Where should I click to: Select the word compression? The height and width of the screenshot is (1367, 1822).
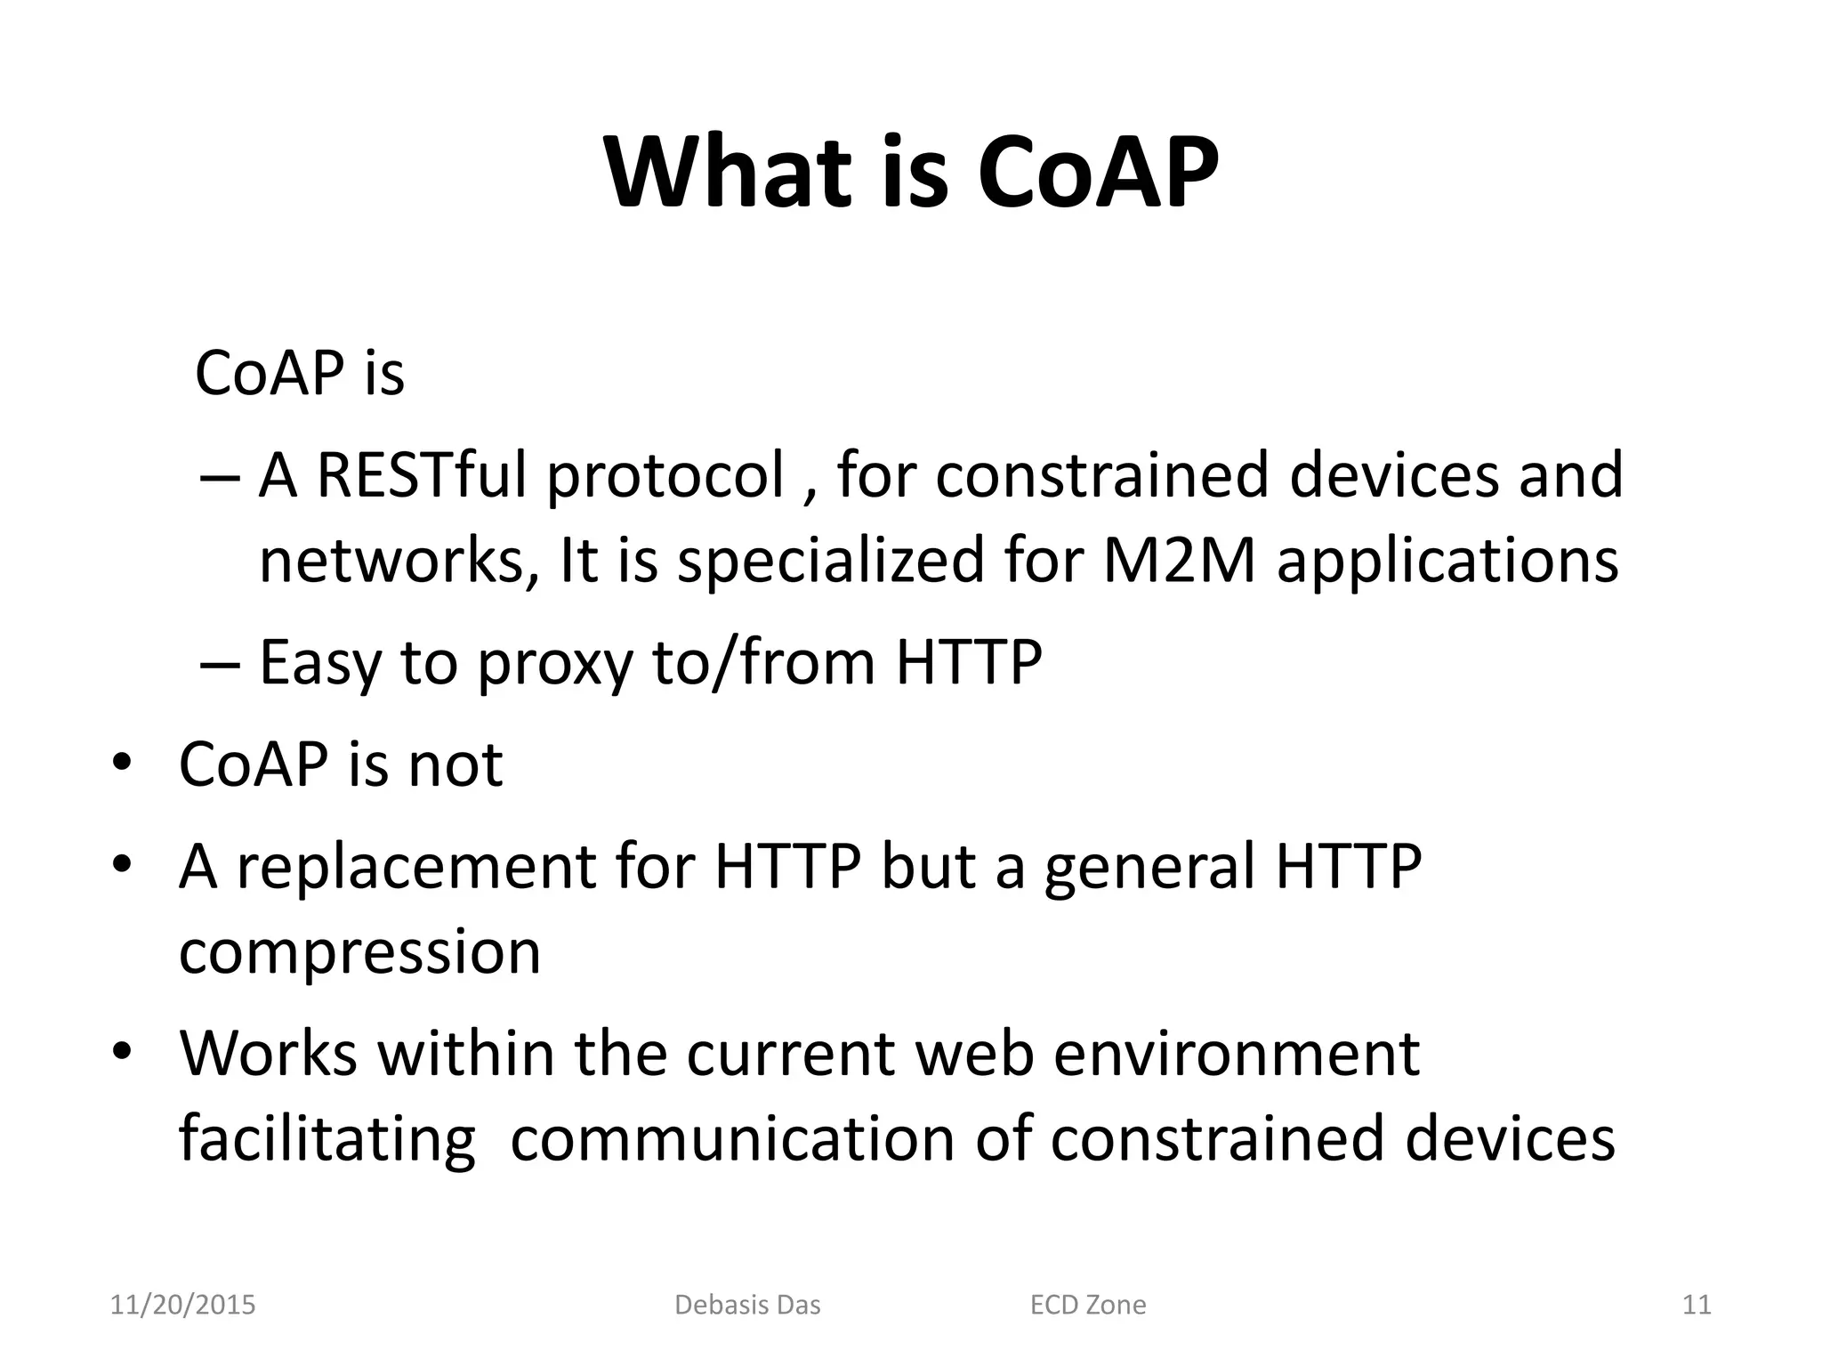[x=359, y=952]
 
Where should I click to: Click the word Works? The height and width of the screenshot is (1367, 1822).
[x=268, y=1053]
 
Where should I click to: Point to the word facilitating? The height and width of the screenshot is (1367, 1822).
[x=327, y=1139]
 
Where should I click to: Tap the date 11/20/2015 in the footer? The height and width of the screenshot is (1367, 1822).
[x=182, y=1305]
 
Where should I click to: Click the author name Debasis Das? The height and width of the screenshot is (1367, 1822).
[x=747, y=1305]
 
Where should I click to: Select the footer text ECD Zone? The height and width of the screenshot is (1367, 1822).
[x=1087, y=1305]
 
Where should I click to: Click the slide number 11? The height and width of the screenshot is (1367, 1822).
[x=1697, y=1305]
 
